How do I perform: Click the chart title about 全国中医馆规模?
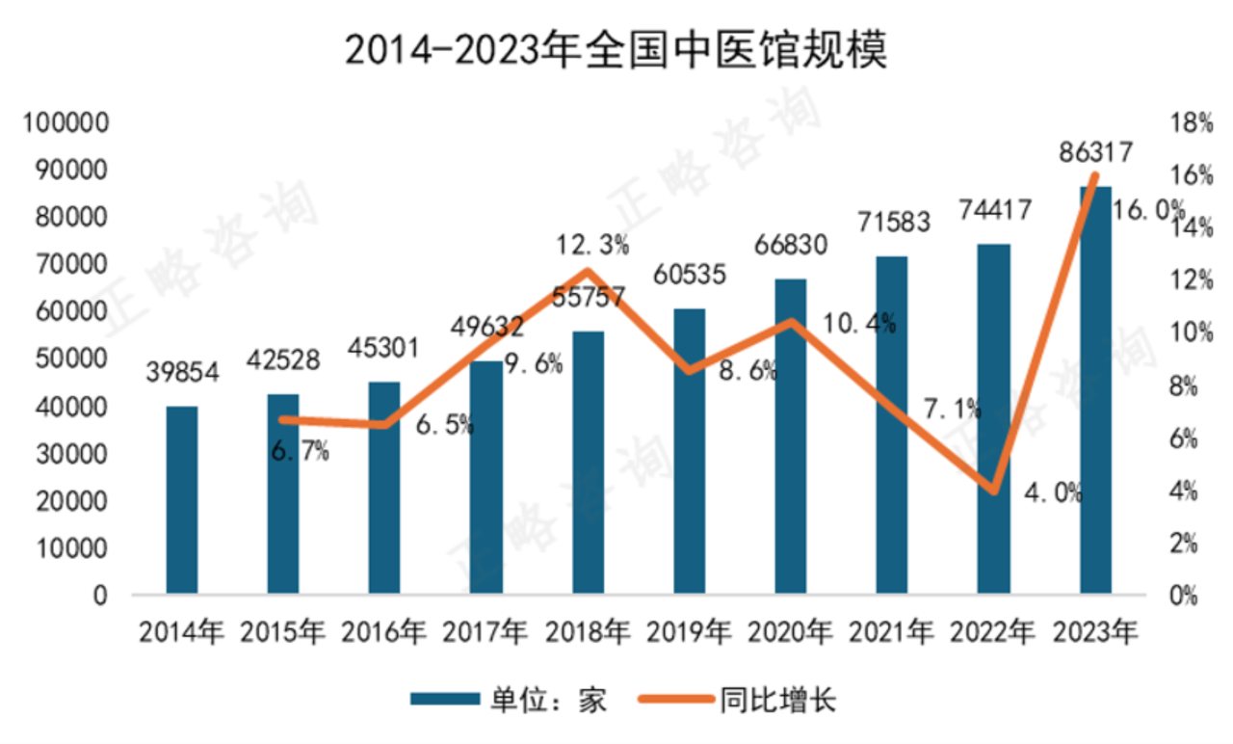point(616,50)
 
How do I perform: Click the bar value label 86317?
point(1094,151)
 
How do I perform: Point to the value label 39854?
point(182,372)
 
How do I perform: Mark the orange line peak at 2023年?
point(1094,175)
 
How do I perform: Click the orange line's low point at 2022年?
point(994,491)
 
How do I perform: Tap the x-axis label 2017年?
point(485,633)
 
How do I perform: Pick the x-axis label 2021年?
point(891,633)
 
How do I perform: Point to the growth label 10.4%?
point(859,323)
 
